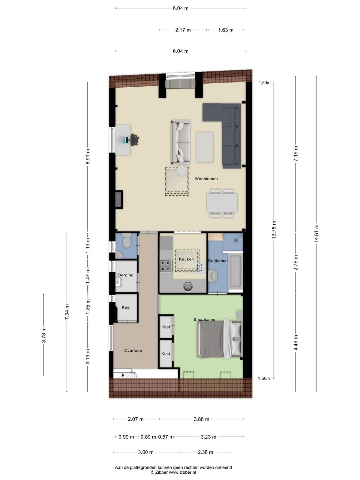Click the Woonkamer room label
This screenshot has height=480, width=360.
[x=206, y=179]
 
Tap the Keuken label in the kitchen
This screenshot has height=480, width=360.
[x=186, y=259]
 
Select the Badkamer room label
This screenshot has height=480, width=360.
[x=218, y=261]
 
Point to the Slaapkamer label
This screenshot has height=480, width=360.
[x=205, y=319]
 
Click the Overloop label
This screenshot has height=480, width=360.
[x=133, y=350]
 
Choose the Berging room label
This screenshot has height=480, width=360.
[x=126, y=275]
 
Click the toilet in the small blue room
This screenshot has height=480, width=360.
[x=127, y=240]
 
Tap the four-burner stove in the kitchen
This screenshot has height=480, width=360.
[x=166, y=266]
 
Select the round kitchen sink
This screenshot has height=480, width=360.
[x=188, y=287]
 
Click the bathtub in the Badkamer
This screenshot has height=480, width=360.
[x=235, y=272]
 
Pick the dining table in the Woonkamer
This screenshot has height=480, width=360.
[x=222, y=203]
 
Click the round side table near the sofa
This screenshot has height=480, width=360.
[x=182, y=171]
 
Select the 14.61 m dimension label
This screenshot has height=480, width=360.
[x=316, y=233]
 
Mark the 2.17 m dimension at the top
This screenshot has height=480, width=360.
[x=183, y=30]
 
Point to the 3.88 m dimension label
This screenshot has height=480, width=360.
[x=201, y=419]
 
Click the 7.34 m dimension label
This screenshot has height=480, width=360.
[x=67, y=312]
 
